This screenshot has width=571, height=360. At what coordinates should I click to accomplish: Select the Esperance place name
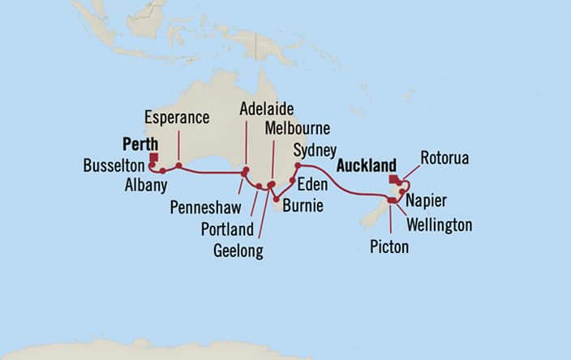(x=176, y=118)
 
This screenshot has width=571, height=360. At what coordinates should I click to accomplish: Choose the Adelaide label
(x=266, y=109)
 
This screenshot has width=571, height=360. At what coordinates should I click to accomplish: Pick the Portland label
(x=227, y=229)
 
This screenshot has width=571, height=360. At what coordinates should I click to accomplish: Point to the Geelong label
(x=238, y=251)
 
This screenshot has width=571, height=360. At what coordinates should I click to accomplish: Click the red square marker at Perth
(x=154, y=159)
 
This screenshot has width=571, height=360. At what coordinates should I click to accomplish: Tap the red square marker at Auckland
(x=393, y=180)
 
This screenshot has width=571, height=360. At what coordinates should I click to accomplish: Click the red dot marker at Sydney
(x=298, y=165)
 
